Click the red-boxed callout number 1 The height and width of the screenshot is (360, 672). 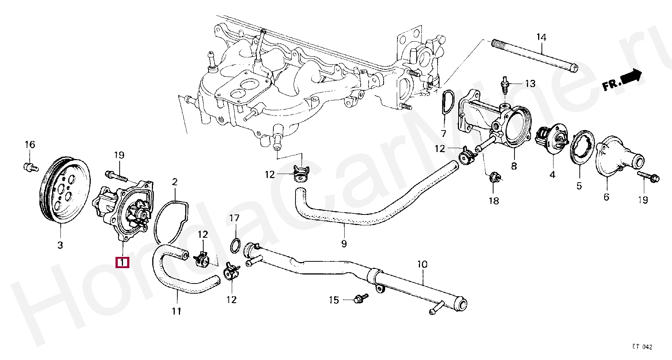point(122,262)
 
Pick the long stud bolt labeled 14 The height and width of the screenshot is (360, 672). point(534,55)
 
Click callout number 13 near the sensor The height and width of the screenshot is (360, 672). point(530,84)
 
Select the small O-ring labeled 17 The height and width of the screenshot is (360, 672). point(235,246)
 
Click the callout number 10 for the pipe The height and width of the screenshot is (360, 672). point(422,264)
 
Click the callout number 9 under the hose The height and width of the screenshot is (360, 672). point(344,244)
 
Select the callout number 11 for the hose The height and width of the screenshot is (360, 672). point(177,311)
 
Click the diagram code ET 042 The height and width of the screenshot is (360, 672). point(642,347)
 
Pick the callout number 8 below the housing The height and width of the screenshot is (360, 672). point(514,166)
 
